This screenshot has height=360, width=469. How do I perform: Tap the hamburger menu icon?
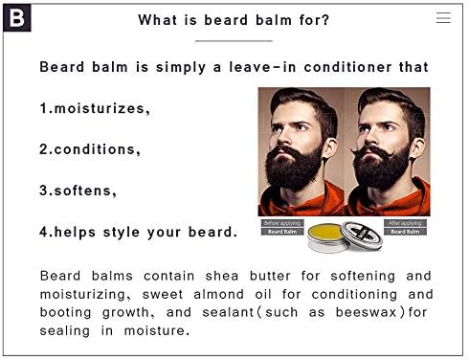443,17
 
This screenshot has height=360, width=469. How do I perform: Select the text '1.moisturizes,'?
94,108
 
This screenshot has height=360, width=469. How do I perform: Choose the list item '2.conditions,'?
90,149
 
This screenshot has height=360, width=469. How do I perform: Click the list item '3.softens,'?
78,191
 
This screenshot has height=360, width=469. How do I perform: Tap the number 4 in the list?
43,232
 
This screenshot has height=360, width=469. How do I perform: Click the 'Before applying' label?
282,223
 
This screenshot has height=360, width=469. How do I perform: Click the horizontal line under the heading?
234,41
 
